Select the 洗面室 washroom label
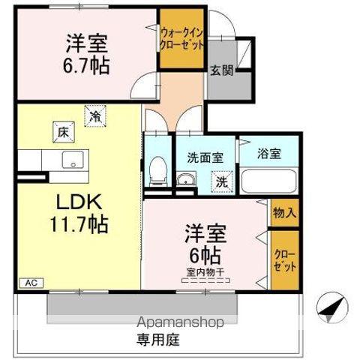tap(205, 157)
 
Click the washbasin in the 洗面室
tap(184, 179)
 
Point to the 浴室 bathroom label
tap(269, 154)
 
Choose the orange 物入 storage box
tap(284, 212)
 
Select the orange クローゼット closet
tap(284, 259)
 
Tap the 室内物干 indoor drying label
tap(204, 271)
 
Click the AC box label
tap(31, 283)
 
